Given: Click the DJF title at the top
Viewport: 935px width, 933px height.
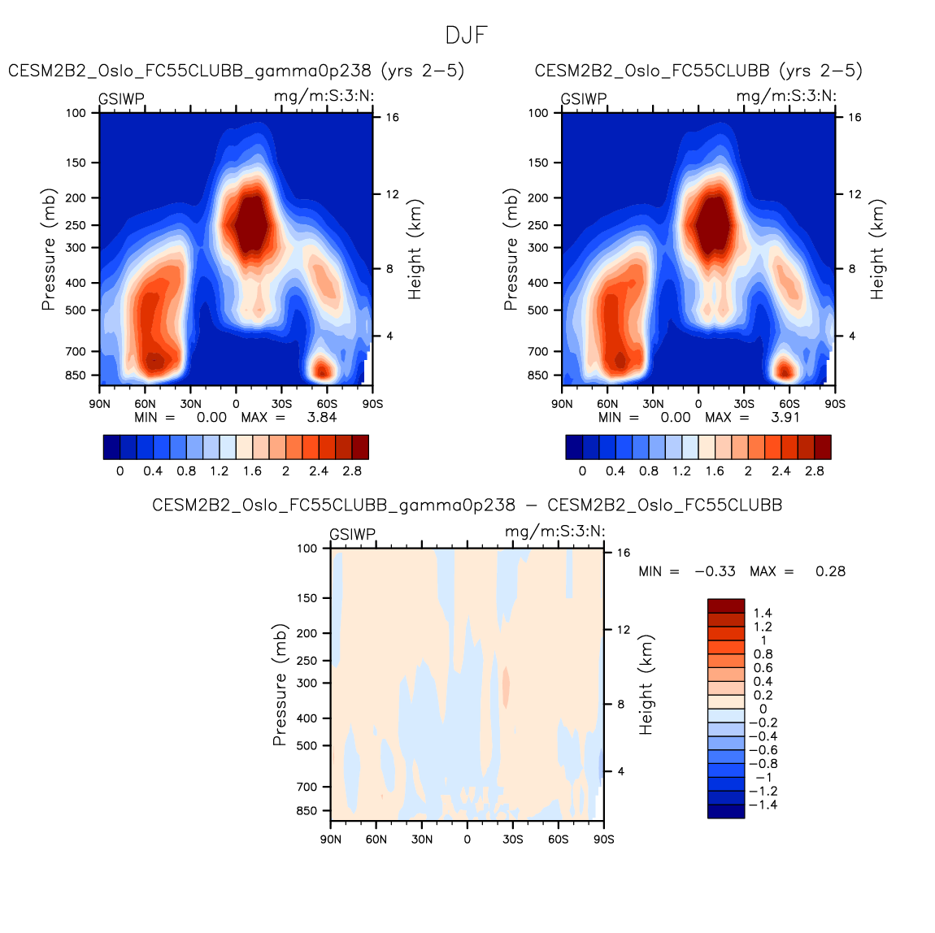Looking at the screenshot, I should click(467, 36).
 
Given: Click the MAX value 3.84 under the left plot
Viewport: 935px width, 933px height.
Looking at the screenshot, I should click(321, 417).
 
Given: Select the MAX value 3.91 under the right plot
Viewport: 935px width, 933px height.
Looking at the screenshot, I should click(785, 417).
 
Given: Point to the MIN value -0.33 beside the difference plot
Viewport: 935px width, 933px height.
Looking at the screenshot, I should click(715, 571).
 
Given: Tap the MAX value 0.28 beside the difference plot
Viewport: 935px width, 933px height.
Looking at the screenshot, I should click(830, 571).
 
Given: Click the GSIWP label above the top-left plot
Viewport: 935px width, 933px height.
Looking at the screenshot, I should click(121, 99).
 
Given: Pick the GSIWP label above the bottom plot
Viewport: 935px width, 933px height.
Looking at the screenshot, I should click(352, 535).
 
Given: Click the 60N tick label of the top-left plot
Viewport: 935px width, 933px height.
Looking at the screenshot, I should click(145, 403).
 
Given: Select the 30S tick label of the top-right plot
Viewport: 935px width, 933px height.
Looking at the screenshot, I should click(743, 403).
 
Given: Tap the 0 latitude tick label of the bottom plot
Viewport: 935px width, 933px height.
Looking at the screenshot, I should click(467, 839).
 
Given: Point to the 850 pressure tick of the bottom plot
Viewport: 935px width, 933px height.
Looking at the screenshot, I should click(307, 811).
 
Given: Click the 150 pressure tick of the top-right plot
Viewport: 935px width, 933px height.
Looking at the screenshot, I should click(538, 163).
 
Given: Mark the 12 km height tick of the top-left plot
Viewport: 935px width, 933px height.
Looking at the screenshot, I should click(392, 194).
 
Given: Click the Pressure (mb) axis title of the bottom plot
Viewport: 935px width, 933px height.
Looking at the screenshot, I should click(280, 685).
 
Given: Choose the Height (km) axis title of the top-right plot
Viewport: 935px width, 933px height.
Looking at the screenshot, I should click(877, 250).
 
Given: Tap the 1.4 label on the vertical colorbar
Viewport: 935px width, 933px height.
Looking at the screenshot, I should click(763, 613).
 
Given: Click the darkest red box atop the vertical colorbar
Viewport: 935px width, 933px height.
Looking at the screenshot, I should click(726, 605).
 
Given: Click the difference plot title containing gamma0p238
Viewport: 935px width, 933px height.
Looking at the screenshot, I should click(467, 506).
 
